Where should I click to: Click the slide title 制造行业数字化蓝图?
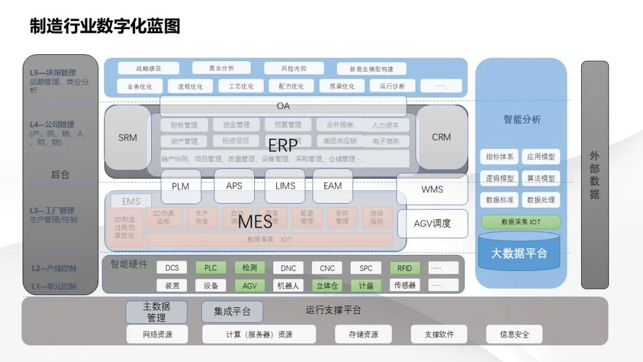click(105, 26)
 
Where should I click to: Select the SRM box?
click(127, 138)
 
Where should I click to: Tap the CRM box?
click(441, 137)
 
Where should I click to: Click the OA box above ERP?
click(283, 106)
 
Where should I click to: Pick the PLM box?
click(180, 186)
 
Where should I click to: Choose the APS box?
click(234, 186)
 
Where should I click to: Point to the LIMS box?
click(285, 186)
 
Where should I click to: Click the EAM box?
click(333, 186)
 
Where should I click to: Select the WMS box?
click(432, 189)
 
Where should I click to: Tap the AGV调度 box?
click(432, 223)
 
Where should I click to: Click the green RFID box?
click(405, 268)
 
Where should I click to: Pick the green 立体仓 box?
click(327, 286)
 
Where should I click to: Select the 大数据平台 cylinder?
click(519, 253)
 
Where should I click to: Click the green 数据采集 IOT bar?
click(521, 222)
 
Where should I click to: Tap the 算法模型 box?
click(541, 178)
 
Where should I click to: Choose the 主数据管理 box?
click(156, 312)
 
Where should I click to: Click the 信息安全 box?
click(514, 334)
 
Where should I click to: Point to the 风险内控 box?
click(294, 68)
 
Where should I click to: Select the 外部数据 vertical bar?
click(594, 174)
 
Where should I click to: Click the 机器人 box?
click(288, 286)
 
